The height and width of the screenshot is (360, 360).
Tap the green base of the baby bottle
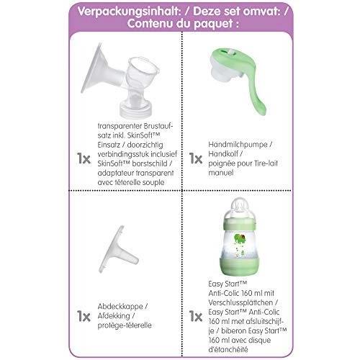[240, 266]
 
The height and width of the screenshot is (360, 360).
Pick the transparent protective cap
[118, 250]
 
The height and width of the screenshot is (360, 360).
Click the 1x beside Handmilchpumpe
[196, 158]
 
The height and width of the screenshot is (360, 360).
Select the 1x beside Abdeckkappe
[84, 316]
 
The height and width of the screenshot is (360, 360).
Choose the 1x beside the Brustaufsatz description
[84, 158]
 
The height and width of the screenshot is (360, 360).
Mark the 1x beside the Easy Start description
[196, 316]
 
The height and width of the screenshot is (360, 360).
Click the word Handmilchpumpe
[238, 145]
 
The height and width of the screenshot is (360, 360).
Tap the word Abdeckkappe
[120, 307]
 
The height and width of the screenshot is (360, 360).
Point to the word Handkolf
[223, 153]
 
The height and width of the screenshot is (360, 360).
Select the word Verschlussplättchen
[240, 302]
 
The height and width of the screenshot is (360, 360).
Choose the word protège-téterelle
[125, 325]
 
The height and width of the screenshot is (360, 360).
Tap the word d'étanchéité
[228, 349]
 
